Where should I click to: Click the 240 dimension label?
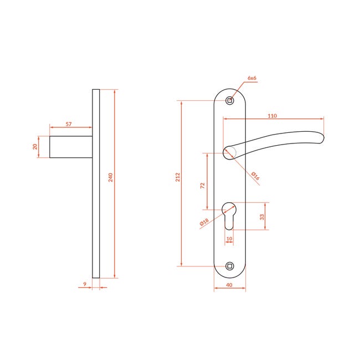[110, 177]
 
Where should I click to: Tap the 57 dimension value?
[69, 124]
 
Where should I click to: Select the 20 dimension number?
[35, 147]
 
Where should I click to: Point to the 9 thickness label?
[85, 284]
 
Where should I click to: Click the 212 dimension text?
[178, 177]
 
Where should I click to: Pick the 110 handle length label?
[272, 116]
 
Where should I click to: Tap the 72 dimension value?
[202, 186]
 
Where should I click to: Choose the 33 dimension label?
[262, 217]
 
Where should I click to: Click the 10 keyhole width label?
[229, 239]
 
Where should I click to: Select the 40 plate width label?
[229, 285]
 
